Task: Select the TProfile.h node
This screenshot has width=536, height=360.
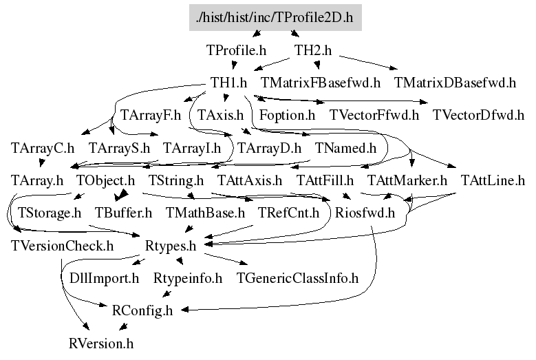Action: [236, 50]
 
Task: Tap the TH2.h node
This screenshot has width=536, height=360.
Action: [313, 50]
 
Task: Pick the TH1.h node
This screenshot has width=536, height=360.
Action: [229, 83]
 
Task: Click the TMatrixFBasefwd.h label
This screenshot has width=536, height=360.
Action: [321, 83]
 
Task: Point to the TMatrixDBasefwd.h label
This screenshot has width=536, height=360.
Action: [455, 83]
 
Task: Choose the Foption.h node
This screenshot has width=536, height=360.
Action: [287, 115]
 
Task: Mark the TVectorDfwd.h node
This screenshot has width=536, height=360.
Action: [478, 115]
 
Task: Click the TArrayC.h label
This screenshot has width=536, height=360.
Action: [43, 148]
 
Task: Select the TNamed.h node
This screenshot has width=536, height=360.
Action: [346, 148]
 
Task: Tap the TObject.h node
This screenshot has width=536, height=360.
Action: [105, 181]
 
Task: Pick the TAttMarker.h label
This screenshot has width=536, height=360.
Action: [407, 181]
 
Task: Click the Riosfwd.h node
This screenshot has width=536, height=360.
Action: [365, 213]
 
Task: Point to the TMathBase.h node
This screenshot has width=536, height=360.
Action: [205, 213]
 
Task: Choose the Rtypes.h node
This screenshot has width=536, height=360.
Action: [171, 245]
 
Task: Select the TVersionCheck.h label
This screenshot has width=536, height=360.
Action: [62, 245]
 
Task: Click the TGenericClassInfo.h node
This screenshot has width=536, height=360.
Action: [297, 278]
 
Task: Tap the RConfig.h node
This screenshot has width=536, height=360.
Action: [142, 310]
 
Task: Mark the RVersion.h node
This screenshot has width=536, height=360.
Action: [101, 342]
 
